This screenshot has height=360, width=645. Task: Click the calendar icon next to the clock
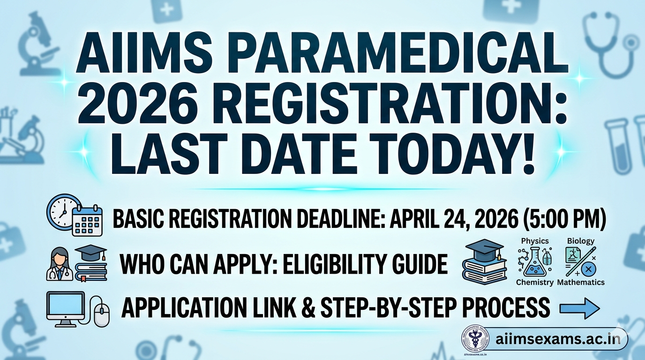(x=87, y=220)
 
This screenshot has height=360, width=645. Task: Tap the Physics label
(x=534, y=241)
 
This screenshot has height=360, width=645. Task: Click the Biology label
(x=580, y=241)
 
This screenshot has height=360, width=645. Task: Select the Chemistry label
(x=535, y=282)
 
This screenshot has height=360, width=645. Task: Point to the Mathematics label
(x=581, y=282)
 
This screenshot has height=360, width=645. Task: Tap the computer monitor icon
(x=65, y=307)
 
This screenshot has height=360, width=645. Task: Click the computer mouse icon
(x=102, y=314)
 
